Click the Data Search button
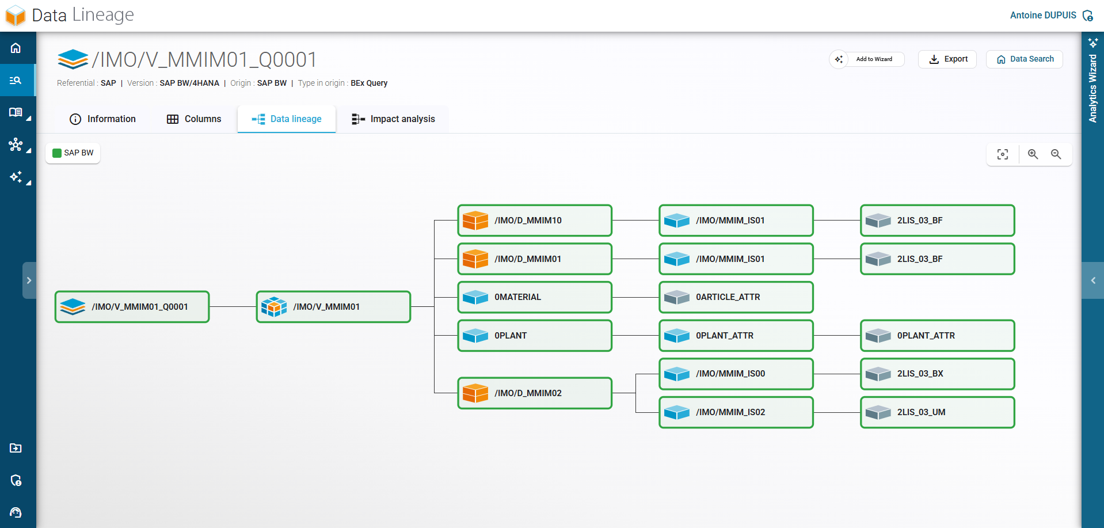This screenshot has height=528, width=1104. pyautogui.click(x=1025, y=59)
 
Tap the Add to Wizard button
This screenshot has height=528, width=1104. pyautogui.click(x=867, y=59)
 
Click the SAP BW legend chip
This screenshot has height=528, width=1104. pyautogui.click(x=73, y=153)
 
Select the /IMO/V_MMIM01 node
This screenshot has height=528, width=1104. pyautogui.click(x=333, y=307)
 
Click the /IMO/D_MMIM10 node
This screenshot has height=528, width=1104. pyautogui.click(x=535, y=221)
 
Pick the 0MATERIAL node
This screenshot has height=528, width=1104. pyautogui.click(x=535, y=297)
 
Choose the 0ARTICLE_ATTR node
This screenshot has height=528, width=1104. pyautogui.click(x=736, y=297)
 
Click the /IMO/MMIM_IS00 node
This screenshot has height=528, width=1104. pyautogui.click(x=736, y=374)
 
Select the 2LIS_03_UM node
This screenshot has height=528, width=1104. pyautogui.click(x=938, y=412)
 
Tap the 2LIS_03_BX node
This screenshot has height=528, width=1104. pyautogui.click(x=938, y=374)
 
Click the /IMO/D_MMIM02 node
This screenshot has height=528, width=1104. pyautogui.click(x=535, y=393)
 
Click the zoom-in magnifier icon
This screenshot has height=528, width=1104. pyautogui.click(x=1033, y=154)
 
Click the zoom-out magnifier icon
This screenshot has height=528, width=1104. pyautogui.click(x=1056, y=154)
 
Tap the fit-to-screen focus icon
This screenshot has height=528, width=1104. pyautogui.click(x=1003, y=154)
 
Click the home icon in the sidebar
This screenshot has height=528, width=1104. pyautogui.click(x=16, y=48)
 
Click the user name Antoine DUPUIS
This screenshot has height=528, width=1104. pyautogui.click(x=1042, y=16)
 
